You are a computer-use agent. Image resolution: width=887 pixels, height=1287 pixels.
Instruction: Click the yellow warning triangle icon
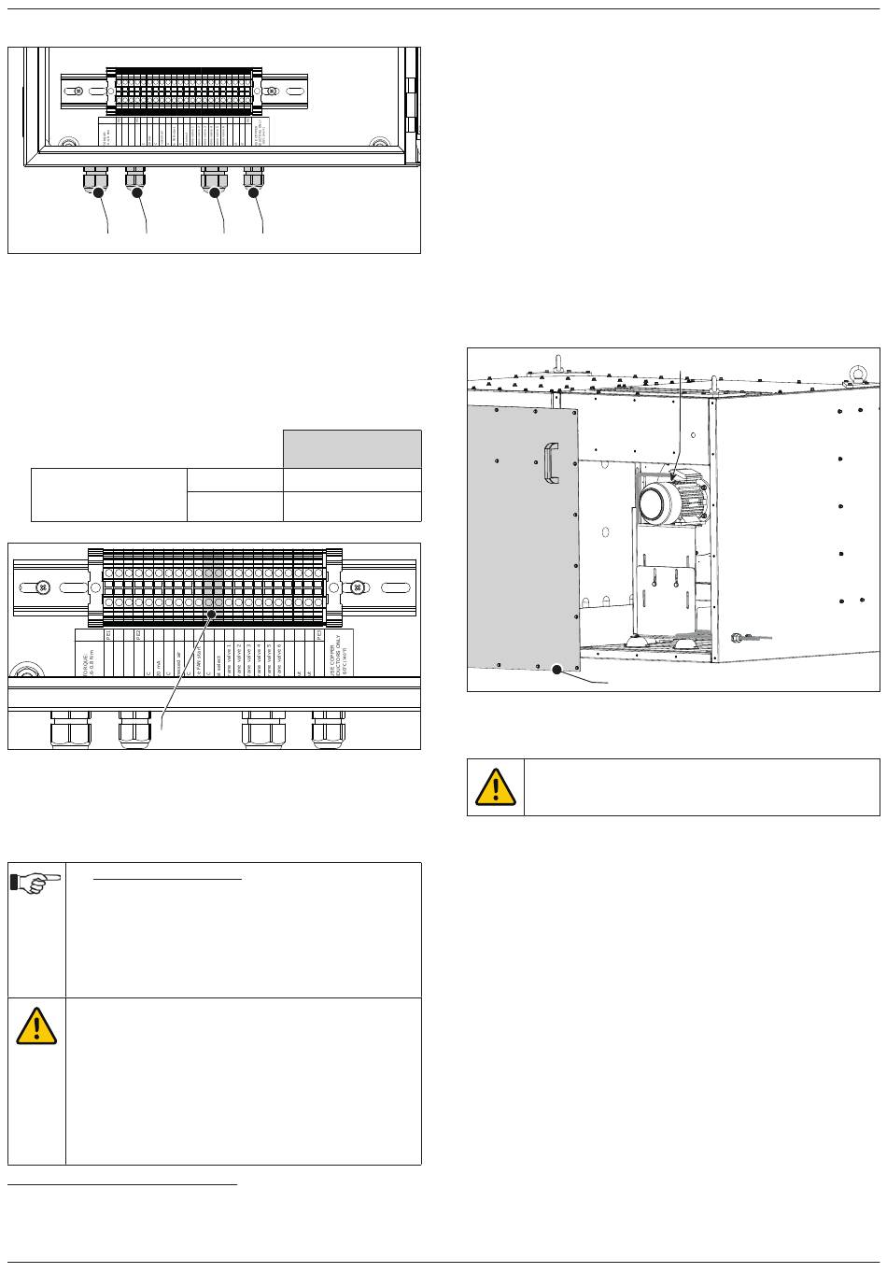496,787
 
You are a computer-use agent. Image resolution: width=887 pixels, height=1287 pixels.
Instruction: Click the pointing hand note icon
36,884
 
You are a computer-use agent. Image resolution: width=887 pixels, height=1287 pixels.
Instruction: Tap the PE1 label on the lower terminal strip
109,636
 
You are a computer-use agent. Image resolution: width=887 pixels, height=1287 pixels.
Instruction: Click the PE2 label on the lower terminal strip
138,636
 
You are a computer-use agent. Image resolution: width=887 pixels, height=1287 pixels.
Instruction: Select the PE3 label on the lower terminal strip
319,636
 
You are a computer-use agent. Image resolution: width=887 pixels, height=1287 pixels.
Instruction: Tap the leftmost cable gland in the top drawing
96,177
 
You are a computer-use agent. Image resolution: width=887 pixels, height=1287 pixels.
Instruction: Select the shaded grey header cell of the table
352,449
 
